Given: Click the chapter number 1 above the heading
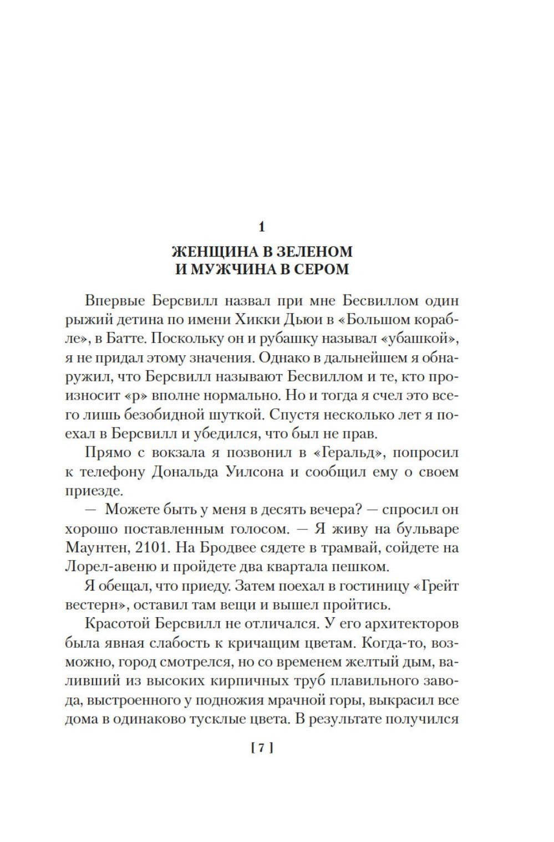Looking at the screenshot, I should pyautogui.click(x=262, y=227).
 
